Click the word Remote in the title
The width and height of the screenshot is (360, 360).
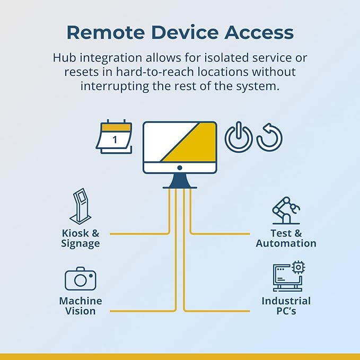coord(106,32)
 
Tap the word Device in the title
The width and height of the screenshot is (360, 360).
coord(185,32)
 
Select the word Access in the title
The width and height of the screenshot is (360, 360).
coord(259,32)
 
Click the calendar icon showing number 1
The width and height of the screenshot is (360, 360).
coord(114,137)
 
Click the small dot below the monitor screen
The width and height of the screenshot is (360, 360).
coord(180,168)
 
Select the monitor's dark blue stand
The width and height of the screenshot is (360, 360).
coord(180,181)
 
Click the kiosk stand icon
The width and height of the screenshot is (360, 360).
coord(81,206)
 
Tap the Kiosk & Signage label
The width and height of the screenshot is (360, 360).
coord(81,239)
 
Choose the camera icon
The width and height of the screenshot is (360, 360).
coord(81,279)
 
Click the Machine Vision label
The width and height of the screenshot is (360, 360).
coord(81,306)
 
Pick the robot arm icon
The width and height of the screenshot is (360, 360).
coord(286,210)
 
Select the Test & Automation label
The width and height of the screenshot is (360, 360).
coord(286,238)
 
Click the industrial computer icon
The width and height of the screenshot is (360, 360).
coord(289,276)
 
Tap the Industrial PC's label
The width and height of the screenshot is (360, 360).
coord(286,306)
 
